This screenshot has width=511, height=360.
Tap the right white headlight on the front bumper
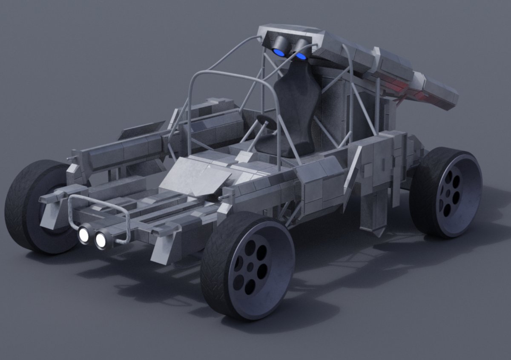tap(101, 240)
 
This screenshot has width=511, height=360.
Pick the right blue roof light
tap(301, 56)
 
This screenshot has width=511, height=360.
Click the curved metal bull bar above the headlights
tap(98, 204)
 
